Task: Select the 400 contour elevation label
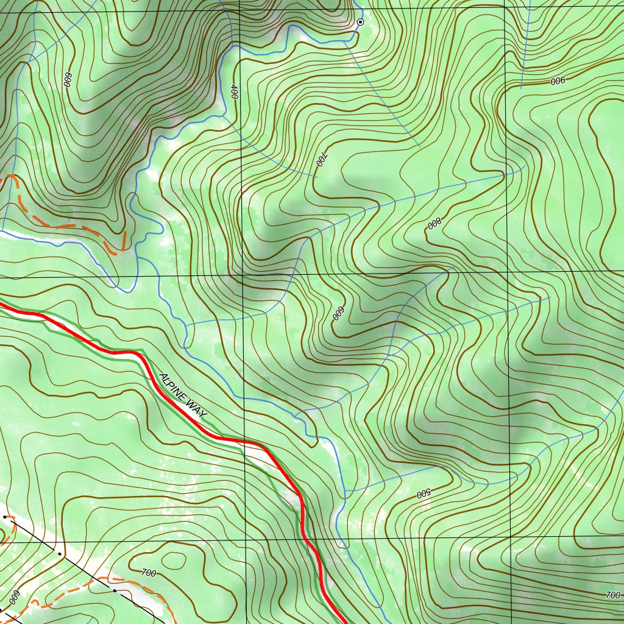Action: click(234, 92)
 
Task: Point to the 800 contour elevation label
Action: click(433, 224)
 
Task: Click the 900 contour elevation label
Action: click(558, 81)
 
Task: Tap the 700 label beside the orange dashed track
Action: click(148, 572)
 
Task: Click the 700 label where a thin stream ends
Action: click(322, 161)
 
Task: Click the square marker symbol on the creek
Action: click(360, 22)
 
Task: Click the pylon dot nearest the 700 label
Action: click(115, 590)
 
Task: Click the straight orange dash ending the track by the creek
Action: click(124, 240)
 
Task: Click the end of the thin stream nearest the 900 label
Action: click(521, 88)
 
